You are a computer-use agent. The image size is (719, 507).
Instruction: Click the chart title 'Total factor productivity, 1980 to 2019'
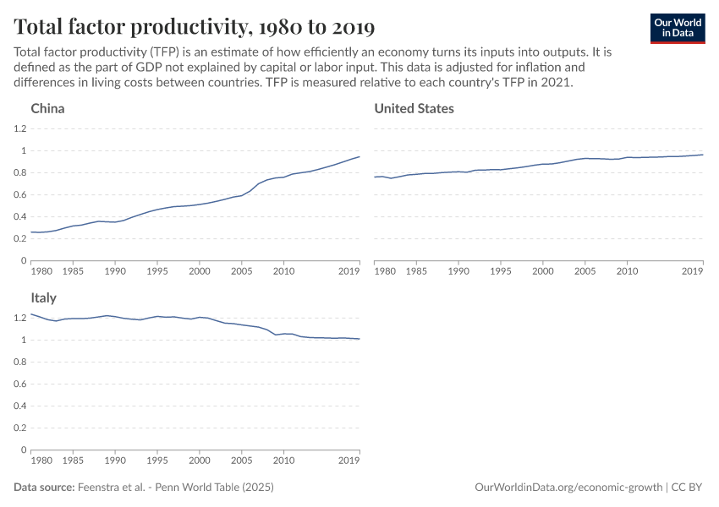coord(195,27)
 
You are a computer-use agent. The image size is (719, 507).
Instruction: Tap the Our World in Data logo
coord(677,27)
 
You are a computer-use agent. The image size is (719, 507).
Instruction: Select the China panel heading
coord(47,109)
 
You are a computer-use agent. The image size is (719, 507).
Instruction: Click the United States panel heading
coord(414,109)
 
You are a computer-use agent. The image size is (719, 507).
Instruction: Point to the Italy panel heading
coord(43,298)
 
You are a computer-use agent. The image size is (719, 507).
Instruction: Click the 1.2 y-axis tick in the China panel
coord(20,128)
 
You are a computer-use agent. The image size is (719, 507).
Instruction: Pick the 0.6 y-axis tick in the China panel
coord(20,194)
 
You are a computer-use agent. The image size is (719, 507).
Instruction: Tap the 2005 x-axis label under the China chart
coord(241,272)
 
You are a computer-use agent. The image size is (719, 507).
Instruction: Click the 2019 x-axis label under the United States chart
coord(693,272)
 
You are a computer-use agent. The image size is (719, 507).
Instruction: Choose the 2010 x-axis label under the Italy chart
coord(283,461)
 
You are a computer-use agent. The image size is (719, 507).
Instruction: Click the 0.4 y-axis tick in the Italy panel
coord(20,406)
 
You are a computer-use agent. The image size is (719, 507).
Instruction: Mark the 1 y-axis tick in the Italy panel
coord(25,340)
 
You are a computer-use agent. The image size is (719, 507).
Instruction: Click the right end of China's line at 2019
coord(359,156)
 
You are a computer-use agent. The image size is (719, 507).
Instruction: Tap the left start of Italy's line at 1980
coord(31,314)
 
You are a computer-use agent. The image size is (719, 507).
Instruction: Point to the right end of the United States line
coord(703,154)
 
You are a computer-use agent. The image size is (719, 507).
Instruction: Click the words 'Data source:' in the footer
coord(43,488)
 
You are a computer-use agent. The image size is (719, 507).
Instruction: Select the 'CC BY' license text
coord(690,488)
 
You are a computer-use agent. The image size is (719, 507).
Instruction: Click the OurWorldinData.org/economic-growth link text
coord(569,488)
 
